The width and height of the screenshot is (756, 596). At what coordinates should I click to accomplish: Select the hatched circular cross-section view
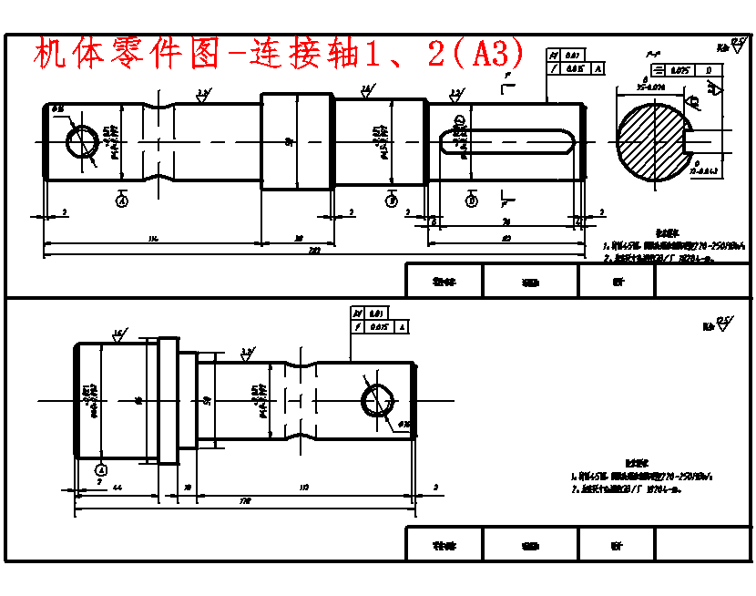(x=653, y=141)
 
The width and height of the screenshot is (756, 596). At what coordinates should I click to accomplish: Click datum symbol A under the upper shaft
(x=121, y=200)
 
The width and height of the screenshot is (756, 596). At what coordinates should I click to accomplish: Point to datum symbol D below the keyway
(x=471, y=200)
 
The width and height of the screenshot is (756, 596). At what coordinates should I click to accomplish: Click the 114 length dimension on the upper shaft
(x=152, y=239)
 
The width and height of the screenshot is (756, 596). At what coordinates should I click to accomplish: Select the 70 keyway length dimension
(x=506, y=221)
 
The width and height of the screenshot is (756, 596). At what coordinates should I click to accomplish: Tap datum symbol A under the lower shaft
(x=100, y=469)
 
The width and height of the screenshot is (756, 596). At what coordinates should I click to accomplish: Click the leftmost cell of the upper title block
(x=444, y=282)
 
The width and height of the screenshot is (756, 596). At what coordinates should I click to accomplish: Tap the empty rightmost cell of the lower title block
(x=701, y=545)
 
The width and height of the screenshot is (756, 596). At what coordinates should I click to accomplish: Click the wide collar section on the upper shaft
(x=297, y=141)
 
